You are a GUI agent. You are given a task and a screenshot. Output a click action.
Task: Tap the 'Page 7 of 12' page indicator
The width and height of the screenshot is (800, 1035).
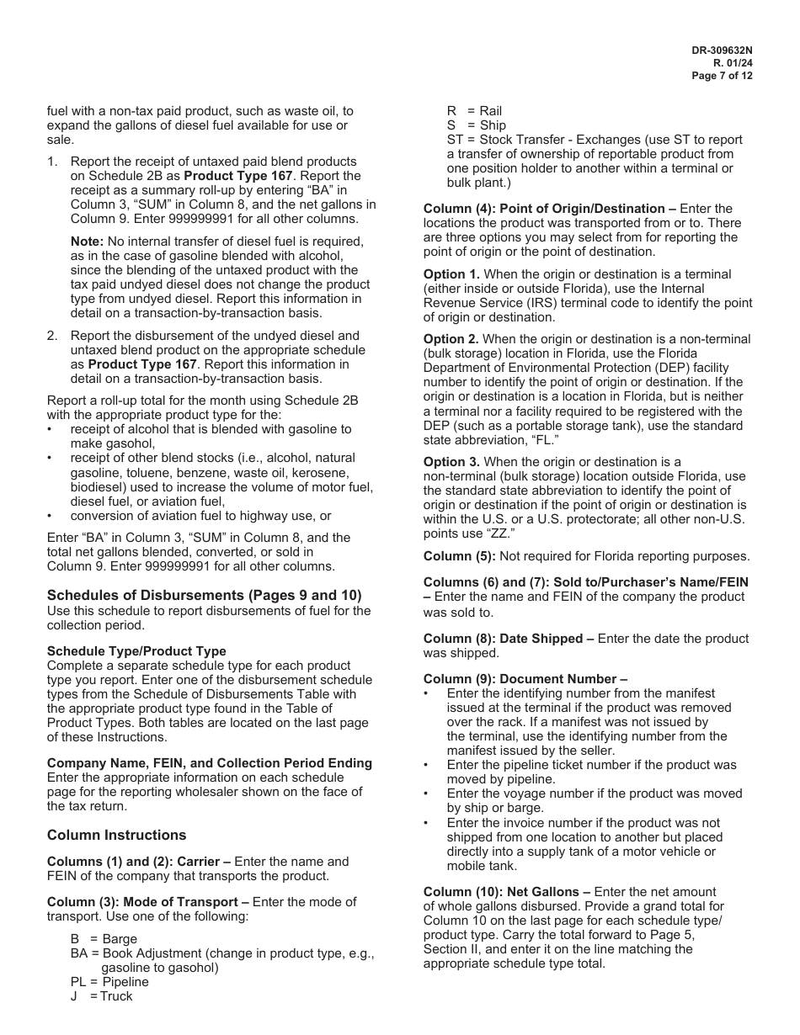click(722, 75)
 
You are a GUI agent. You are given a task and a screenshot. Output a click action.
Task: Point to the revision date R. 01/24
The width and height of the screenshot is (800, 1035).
click(733, 62)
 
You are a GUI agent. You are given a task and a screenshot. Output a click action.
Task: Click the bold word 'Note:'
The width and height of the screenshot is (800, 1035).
click(87, 241)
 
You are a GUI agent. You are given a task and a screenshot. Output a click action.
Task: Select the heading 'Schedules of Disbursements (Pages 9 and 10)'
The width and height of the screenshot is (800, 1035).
click(204, 595)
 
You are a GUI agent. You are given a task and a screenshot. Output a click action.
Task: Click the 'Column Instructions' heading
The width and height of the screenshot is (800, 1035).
click(116, 835)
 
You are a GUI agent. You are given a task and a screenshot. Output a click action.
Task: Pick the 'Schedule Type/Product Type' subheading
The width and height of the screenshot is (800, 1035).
click(136, 651)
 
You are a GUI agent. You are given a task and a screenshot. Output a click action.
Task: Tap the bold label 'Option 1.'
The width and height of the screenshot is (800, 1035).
click(451, 274)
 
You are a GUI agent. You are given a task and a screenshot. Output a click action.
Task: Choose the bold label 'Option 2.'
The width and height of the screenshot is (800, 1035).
click(451, 339)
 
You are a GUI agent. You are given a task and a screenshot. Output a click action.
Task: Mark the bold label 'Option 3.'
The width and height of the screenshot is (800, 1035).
click(451, 462)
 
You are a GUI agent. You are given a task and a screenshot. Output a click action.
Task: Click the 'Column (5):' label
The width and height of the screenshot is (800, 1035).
click(460, 556)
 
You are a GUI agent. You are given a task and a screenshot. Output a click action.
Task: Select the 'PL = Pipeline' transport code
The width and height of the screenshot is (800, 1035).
click(109, 982)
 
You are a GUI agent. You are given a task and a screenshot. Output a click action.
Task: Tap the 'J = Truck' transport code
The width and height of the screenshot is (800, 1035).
click(102, 996)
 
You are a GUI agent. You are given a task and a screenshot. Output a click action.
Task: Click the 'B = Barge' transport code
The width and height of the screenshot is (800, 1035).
click(104, 939)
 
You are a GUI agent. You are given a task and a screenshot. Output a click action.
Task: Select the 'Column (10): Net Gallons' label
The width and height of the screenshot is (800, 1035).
click(507, 891)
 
